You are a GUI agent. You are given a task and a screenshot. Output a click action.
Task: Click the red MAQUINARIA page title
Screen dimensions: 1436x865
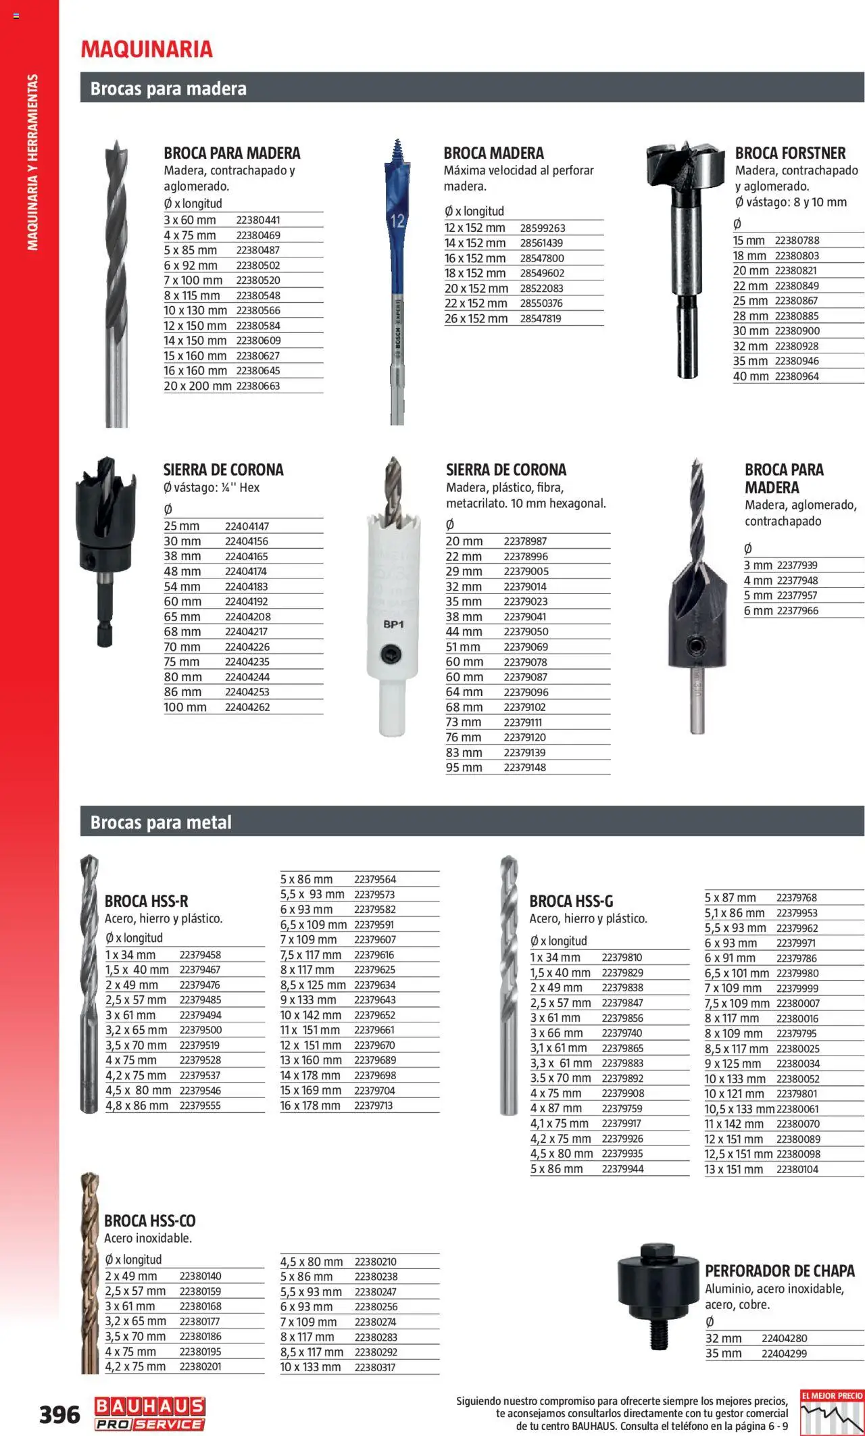point(147,49)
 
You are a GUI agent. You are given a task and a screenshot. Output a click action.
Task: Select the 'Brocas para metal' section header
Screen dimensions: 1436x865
point(161,822)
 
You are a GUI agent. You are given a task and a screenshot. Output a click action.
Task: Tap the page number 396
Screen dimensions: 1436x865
point(59,1414)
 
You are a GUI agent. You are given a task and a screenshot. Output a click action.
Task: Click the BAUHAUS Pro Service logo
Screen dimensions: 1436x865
point(149,1413)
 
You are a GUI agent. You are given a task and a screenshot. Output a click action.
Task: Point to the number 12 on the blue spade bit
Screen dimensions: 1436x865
point(397,220)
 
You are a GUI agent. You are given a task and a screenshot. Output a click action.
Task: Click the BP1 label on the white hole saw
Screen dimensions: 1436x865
point(393,624)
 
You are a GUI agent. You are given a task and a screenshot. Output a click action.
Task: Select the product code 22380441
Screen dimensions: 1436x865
point(258,220)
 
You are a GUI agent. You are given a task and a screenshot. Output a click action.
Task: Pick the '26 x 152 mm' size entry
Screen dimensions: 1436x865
point(476,319)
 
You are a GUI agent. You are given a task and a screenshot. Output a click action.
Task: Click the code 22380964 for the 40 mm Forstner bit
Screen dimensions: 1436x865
point(797,376)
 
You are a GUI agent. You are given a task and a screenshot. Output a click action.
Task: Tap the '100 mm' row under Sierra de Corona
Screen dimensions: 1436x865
point(185,708)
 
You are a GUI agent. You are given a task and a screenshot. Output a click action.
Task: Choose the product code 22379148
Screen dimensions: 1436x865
point(525,768)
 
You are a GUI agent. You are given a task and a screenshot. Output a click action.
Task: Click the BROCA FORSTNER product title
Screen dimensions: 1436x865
point(790,153)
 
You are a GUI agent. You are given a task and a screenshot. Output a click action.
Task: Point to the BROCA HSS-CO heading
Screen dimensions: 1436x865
point(150,1220)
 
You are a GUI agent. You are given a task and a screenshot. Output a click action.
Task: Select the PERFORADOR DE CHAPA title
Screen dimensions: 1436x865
point(780,1270)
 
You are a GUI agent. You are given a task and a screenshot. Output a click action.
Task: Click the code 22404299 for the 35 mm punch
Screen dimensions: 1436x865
point(784,1354)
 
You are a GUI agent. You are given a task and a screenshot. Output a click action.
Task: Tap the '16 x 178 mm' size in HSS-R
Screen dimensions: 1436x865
point(310,1106)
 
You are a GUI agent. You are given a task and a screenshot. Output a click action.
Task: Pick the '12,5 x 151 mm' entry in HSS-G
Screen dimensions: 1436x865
point(738,1154)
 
